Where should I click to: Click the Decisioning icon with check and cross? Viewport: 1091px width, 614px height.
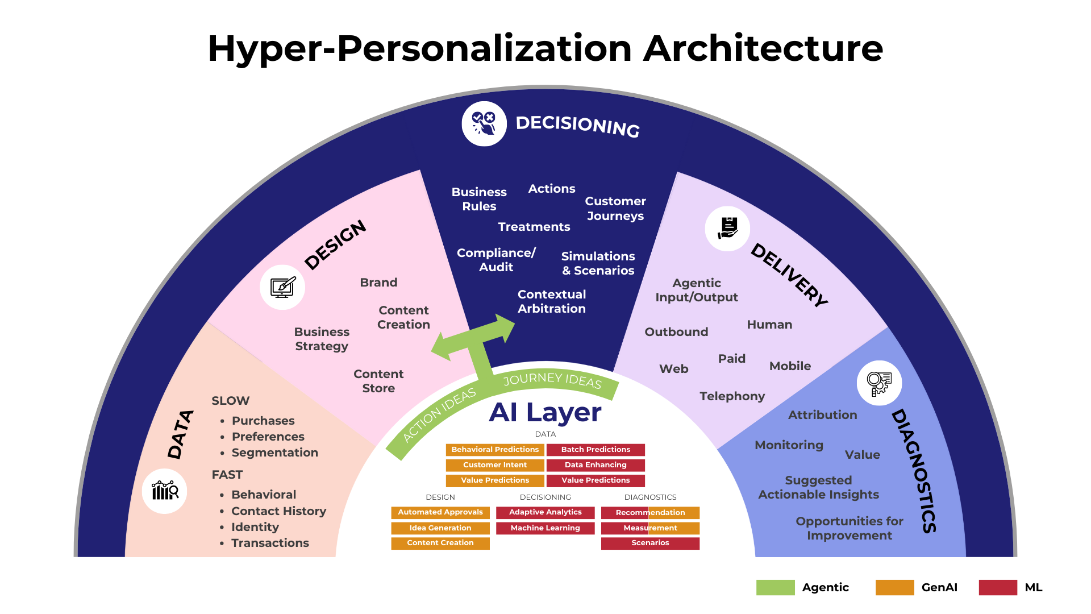(x=484, y=124)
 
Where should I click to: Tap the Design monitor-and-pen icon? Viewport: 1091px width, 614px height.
(x=282, y=287)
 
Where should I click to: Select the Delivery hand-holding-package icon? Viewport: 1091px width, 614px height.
(x=727, y=229)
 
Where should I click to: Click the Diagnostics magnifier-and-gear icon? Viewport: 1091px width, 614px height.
(x=879, y=383)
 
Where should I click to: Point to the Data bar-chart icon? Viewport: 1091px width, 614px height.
(x=165, y=491)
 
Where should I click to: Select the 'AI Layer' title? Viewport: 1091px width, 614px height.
(x=545, y=412)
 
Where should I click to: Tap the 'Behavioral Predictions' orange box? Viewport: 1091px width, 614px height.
(x=495, y=450)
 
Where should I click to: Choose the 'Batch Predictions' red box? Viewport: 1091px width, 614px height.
(x=596, y=450)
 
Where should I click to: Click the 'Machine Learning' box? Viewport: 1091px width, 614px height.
(x=545, y=528)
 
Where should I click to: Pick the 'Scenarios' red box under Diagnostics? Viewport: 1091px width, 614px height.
(x=650, y=543)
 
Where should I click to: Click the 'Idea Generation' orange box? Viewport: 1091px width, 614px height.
(x=440, y=528)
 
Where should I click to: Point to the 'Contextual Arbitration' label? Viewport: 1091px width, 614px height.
(x=551, y=301)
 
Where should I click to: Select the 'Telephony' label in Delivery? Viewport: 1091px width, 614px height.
(x=732, y=396)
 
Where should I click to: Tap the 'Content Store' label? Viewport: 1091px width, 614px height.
(x=378, y=381)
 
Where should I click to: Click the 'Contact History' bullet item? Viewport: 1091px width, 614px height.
(x=278, y=511)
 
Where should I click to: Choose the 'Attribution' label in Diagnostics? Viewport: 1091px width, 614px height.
(x=822, y=415)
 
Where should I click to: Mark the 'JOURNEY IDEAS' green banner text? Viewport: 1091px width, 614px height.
(x=552, y=380)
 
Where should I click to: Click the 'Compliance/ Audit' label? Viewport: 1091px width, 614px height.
(x=496, y=260)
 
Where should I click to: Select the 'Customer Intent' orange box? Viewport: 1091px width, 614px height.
(x=495, y=465)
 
